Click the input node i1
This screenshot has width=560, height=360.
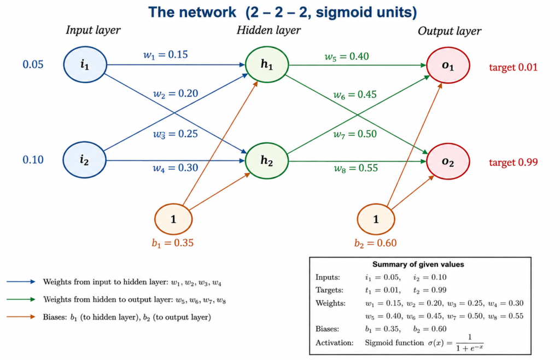pyautogui.click(x=85, y=65)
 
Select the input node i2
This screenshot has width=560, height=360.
pyautogui.click(x=85, y=160)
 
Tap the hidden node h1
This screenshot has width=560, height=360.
pyautogui.click(x=267, y=65)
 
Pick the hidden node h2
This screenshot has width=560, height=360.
pyautogui.click(x=267, y=161)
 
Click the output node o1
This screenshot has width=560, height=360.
pyautogui.click(x=448, y=65)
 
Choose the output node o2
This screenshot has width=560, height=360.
pyautogui.click(x=448, y=161)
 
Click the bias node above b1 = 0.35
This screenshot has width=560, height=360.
pyautogui.click(x=173, y=219)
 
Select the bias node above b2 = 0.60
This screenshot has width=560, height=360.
pyautogui.click(x=376, y=219)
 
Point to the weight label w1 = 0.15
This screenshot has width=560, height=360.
pyautogui.click(x=165, y=55)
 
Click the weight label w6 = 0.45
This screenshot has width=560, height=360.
pyautogui.click(x=354, y=95)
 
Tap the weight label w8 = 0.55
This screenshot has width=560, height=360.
pyautogui.click(x=355, y=168)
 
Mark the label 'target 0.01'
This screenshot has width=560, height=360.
pyautogui.click(x=513, y=67)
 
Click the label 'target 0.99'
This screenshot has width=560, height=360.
pyautogui.click(x=513, y=162)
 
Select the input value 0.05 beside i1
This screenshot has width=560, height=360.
pyautogui.click(x=33, y=65)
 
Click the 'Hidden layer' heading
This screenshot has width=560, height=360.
pyautogui.click(x=269, y=30)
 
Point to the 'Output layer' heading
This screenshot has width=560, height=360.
pyautogui.click(x=450, y=31)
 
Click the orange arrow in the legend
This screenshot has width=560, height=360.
pyautogui.click(x=21, y=316)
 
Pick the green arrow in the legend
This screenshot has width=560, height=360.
pyautogui.click(x=21, y=299)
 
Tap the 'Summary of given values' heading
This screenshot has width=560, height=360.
pyautogui.click(x=418, y=264)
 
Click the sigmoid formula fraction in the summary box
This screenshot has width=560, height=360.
pyautogui.click(x=470, y=342)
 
